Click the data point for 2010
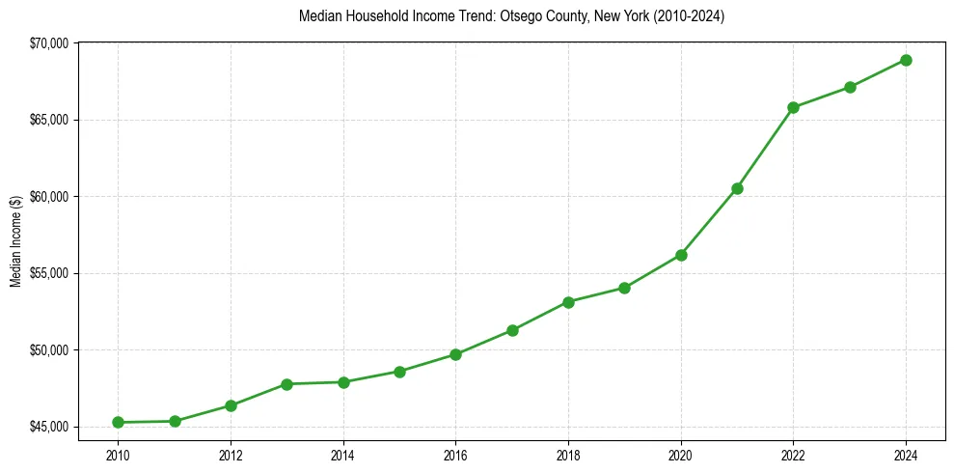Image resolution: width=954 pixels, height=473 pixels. pos(118,422)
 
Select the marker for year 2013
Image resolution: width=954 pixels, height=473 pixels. pos(286,384)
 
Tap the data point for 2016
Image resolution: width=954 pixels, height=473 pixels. pos(455,354)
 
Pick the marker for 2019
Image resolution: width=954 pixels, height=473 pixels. pos(624,288)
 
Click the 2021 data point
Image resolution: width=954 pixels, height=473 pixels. pos(737,188)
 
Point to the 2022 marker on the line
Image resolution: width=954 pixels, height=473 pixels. pos(793,107)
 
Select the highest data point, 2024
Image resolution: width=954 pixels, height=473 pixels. pos(906,60)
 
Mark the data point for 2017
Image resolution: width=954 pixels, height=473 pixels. pos(512,330)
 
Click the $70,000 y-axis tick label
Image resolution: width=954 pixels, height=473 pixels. pos(50,43)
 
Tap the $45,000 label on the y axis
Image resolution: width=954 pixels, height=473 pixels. pos(50,427)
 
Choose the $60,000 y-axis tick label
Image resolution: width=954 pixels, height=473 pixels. pos(50,197)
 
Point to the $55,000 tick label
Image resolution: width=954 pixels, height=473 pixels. pos(50,273)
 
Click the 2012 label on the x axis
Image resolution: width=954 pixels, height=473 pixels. pos(231,455)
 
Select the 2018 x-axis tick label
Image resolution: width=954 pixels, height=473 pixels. pos(568,455)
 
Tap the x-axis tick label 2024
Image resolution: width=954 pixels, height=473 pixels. pos(906,455)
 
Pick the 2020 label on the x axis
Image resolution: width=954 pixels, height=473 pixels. pos(681,455)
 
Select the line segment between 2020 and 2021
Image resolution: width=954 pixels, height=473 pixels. pos(709,222)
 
